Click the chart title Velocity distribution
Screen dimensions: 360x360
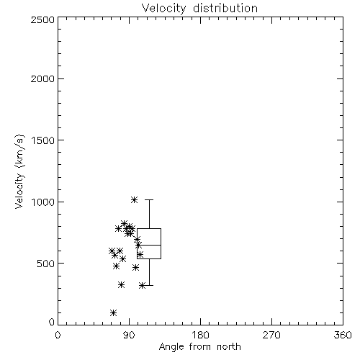pyautogui.click(x=199, y=9)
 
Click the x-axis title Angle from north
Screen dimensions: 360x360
pyautogui.click(x=199, y=346)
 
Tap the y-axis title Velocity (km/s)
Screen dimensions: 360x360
pyautogui.click(x=20, y=171)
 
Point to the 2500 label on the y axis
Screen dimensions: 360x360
pyautogui.click(x=42, y=19)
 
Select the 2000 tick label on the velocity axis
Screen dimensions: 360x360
pyautogui.click(x=42, y=78)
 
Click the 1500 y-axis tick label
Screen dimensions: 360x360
pyautogui.click(x=43, y=140)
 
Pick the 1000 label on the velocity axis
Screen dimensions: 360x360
pyautogui.click(x=43, y=202)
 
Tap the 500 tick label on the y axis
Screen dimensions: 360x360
pyautogui.click(x=46, y=264)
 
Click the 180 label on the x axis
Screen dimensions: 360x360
pyautogui.click(x=201, y=335)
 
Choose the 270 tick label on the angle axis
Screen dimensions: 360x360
pyautogui.click(x=271, y=335)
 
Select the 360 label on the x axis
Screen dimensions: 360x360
pyautogui.click(x=343, y=335)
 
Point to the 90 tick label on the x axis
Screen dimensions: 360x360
pyautogui.click(x=129, y=335)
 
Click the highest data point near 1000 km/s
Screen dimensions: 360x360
pyautogui.click(x=134, y=199)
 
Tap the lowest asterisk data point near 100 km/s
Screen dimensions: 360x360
pyautogui.click(x=113, y=312)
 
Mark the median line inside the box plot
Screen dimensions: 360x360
pyautogui.click(x=149, y=245)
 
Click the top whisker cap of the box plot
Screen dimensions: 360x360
pyautogui.click(x=149, y=199)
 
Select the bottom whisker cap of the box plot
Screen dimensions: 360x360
pyautogui.click(x=149, y=285)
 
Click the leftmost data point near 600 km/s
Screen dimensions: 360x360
pyautogui.click(x=112, y=251)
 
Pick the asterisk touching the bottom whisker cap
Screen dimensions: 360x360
pyautogui.click(x=143, y=286)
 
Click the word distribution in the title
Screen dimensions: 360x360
pyautogui.click(x=225, y=9)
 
